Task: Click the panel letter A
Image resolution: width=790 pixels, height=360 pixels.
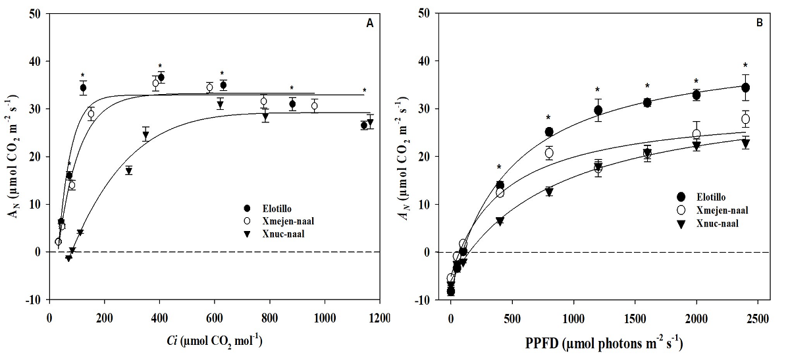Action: pyautogui.click(x=370, y=24)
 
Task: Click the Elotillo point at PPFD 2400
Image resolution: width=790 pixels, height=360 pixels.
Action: pyautogui.click(x=745, y=88)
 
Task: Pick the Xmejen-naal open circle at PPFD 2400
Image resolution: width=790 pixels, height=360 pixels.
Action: pyautogui.click(x=745, y=119)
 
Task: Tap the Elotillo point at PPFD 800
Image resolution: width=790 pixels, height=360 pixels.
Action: pyautogui.click(x=549, y=132)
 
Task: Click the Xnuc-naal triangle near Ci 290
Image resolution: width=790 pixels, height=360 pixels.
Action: pyautogui.click(x=129, y=171)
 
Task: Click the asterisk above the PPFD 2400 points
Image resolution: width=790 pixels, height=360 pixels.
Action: pyautogui.click(x=745, y=65)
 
